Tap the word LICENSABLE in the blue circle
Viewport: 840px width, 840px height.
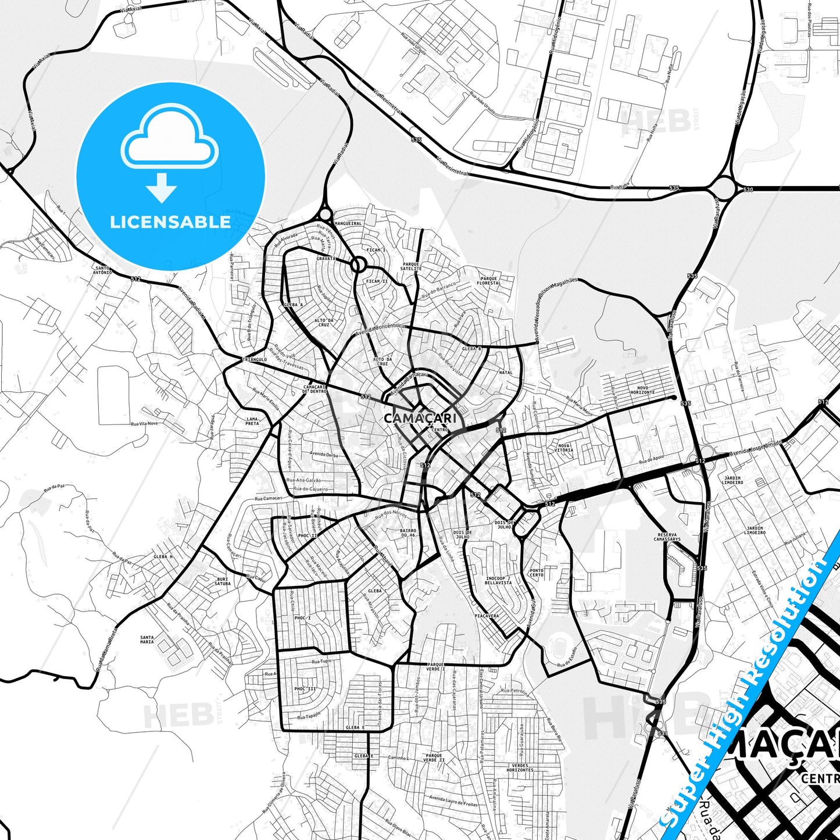(170, 222)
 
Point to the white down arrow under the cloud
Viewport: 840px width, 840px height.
(162, 188)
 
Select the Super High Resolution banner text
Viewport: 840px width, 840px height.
(746, 686)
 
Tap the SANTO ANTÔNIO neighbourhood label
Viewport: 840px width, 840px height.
(102, 270)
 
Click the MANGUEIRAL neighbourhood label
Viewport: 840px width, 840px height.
(348, 223)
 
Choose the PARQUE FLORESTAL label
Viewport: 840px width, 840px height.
(489, 281)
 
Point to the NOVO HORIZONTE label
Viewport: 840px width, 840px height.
(642, 390)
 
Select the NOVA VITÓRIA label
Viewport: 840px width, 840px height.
(564, 448)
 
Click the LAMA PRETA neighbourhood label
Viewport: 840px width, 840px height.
(252, 421)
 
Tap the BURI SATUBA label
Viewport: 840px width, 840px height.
(223, 581)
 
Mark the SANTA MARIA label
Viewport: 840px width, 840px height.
(147, 639)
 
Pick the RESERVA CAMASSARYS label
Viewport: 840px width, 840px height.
(667, 537)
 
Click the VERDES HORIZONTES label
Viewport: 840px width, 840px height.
(520, 767)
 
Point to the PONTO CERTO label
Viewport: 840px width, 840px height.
(537, 573)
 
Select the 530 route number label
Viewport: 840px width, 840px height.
(748, 190)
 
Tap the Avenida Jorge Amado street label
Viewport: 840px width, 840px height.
(756, 447)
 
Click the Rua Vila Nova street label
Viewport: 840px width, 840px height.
(144, 424)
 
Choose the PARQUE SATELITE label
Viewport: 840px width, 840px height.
(410, 266)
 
